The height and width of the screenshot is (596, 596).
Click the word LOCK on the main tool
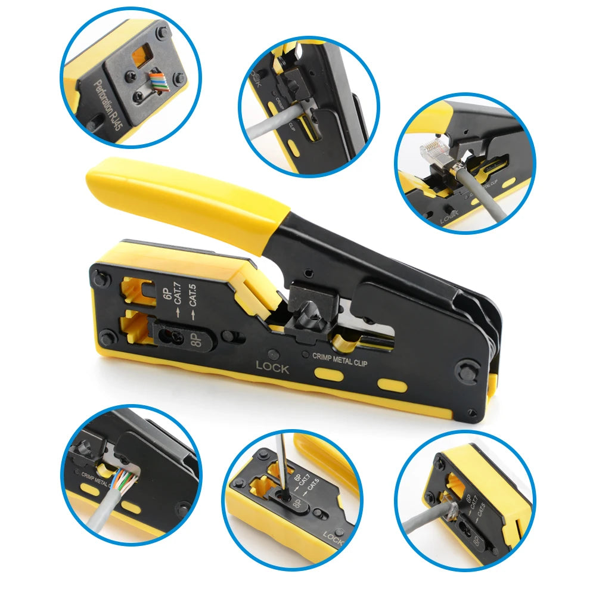(272, 368)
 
